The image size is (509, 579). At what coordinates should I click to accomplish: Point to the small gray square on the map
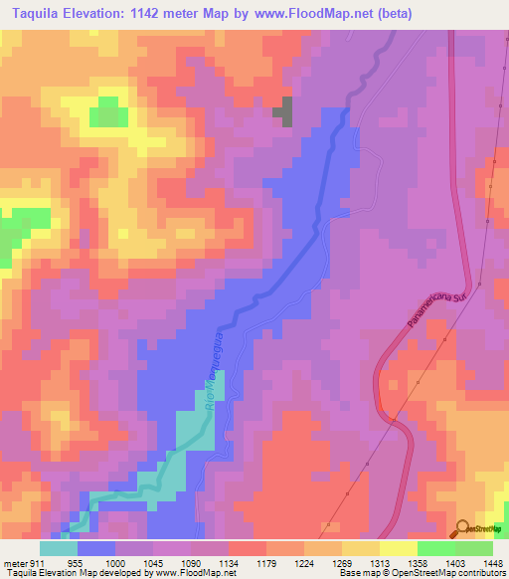point(284,110)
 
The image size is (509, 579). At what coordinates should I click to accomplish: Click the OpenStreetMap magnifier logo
point(463,529)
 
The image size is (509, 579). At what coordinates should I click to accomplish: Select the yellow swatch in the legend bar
point(398,547)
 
